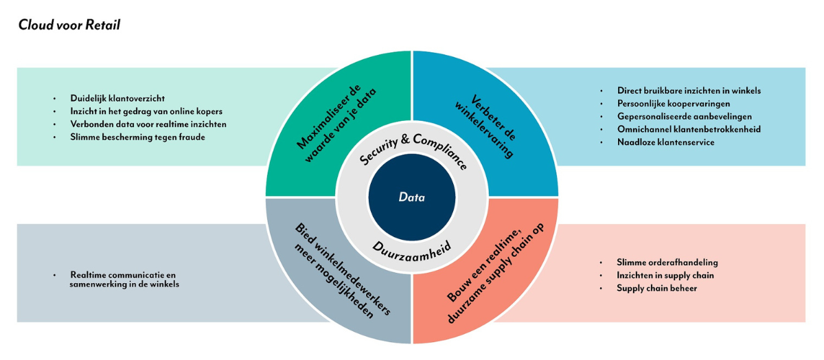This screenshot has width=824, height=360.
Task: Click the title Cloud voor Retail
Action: pos(69,25)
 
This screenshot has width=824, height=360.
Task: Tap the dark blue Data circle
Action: pos(411,197)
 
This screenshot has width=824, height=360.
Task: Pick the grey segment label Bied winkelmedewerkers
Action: pos(338,270)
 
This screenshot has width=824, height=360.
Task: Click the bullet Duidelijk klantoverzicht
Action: pos(117,98)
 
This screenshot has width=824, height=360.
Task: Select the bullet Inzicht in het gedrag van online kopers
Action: pos(146,111)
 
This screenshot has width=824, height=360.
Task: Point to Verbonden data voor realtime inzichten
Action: pos(148,124)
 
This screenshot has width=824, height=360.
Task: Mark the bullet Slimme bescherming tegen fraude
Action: pos(137,137)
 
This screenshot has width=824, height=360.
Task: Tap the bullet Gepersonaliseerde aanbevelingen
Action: pos(684,117)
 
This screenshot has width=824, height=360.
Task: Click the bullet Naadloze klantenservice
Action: pos(665,142)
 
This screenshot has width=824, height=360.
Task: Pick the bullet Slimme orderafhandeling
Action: pos(667,262)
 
